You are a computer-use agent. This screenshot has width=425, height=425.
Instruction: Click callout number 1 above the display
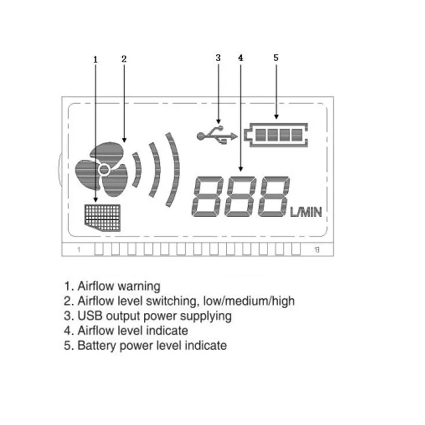coord(96,59)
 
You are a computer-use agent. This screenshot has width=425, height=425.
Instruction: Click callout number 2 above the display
coord(124,59)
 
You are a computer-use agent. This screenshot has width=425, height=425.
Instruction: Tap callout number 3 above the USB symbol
coord(218,57)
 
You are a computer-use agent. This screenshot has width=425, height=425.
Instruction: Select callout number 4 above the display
coord(241,57)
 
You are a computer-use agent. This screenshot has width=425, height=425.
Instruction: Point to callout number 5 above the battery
coord(276,57)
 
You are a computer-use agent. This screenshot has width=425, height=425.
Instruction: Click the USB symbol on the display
coord(216,135)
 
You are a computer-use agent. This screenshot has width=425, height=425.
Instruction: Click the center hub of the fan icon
coord(104,169)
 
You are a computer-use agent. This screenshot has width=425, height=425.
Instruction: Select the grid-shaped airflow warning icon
coord(103,216)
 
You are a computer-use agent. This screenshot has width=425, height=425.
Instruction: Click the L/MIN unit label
coord(306,212)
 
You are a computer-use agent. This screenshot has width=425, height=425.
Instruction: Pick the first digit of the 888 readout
coord(207,197)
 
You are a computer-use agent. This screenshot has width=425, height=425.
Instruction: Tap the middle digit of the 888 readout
coord(240,197)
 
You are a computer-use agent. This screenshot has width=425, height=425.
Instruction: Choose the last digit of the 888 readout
coord(273,197)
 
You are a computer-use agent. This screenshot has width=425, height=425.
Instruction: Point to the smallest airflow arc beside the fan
coord(137,169)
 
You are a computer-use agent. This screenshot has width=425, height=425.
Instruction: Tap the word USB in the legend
coord(88,316)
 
